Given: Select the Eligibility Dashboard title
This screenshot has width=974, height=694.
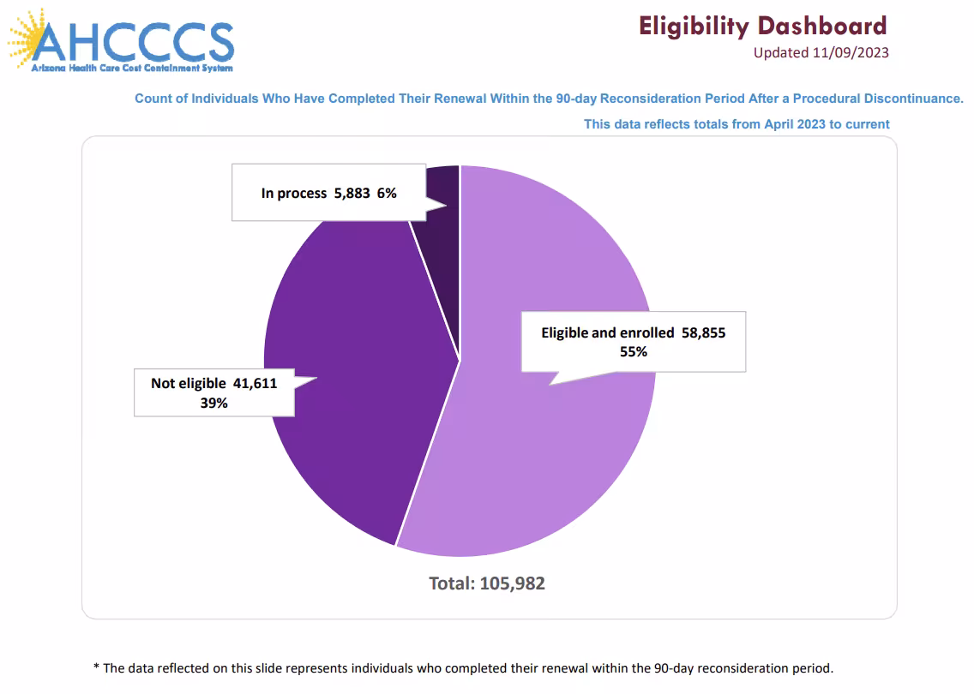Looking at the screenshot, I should click(762, 26).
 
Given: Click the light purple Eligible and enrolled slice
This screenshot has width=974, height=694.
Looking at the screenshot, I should click(549, 446).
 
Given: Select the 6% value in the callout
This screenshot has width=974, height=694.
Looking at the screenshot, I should click(386, 194).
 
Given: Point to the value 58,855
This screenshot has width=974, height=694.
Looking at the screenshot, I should click(703, 332).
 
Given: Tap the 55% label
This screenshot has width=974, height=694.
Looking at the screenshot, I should click(633, 351).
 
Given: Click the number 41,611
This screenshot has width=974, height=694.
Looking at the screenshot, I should click(255, 383).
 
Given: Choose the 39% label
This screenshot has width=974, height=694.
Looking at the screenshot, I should click(213, 402).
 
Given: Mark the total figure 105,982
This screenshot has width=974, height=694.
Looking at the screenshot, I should click(512, 583).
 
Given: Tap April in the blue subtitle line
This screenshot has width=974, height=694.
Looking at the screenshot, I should click(781, 124).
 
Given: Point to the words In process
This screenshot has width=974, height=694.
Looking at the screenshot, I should click(293, 194).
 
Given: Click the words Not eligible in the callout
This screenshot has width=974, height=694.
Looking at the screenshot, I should click(189, 383).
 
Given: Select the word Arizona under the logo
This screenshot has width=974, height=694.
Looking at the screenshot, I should click(48, 67).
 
